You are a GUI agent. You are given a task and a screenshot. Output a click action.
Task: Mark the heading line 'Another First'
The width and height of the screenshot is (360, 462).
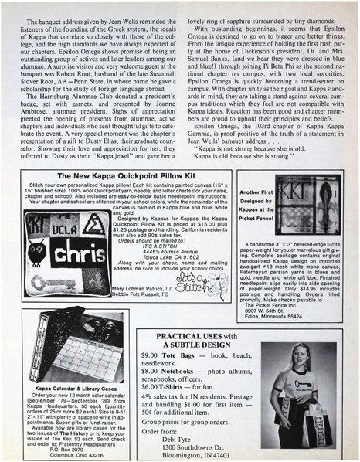(x=241, y=192)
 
